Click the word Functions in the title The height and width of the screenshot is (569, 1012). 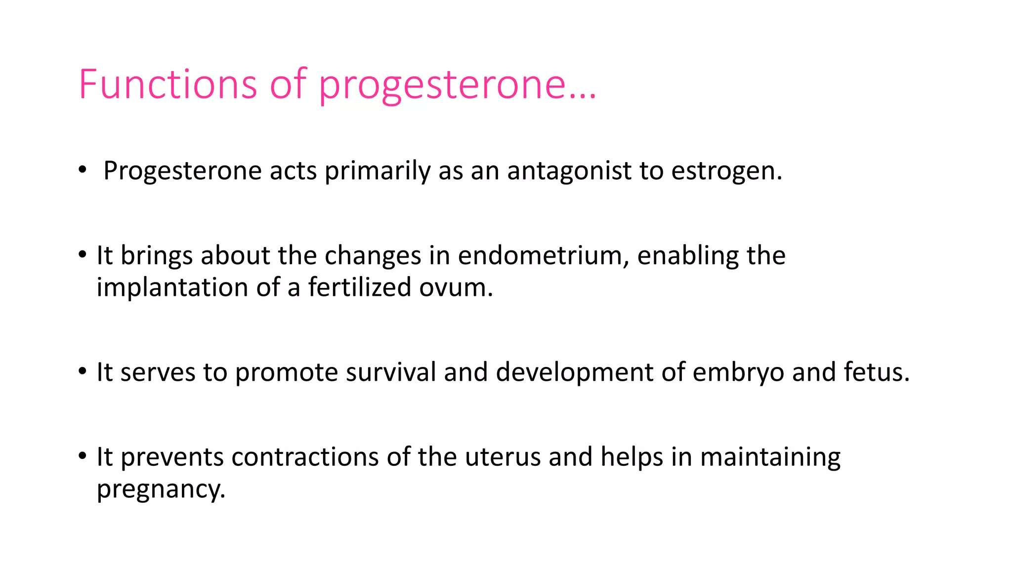pos(167,84)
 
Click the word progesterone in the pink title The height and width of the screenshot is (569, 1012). pos(441,84)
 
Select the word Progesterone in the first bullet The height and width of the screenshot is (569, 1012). pos(182,171)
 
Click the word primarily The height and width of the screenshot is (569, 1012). pos(378,171)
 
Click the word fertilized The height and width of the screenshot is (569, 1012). pos(360,287)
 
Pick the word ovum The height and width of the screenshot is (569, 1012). pos(455,288)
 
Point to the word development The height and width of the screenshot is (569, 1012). pos(574,372)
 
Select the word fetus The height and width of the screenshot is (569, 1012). pos(876,372)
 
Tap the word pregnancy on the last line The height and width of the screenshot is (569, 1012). pos(161,489)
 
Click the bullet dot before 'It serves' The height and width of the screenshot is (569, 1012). pos(83,371)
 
